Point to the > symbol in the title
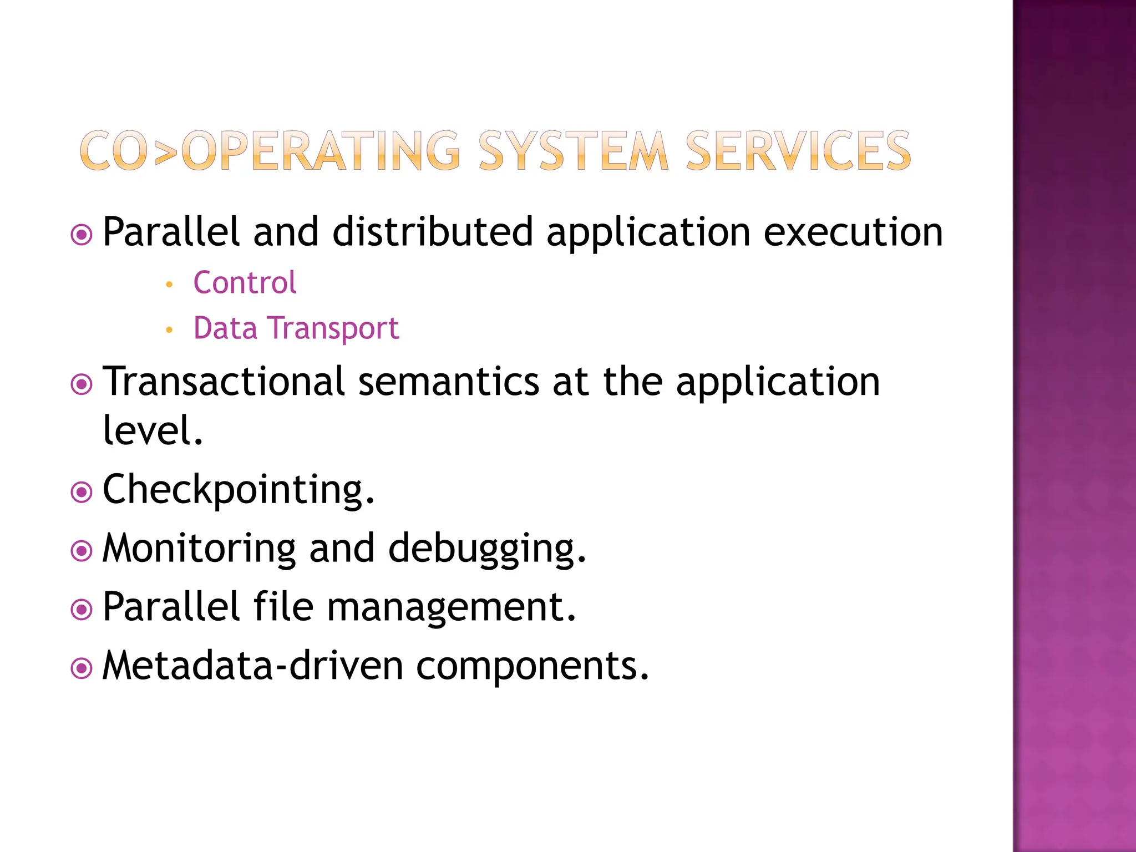(165, 151)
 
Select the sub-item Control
(245, 283)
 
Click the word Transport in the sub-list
(334, 328)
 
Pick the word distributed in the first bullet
(433, 232)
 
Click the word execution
(853, 232)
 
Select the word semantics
(449, 382)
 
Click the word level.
(153, 430)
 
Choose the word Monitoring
(199, 549)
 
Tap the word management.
(451, 608)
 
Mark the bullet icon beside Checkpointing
(82, 492)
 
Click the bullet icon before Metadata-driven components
(82, 668)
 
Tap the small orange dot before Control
(170, 285)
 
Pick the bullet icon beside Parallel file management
(82, 610)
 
